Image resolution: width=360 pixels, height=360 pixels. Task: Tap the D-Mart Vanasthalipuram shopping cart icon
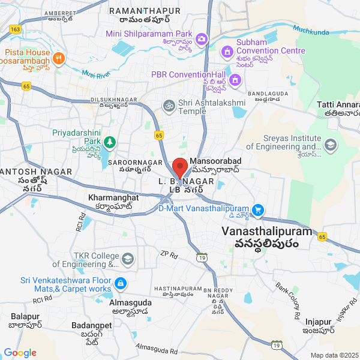(x=258, y=209)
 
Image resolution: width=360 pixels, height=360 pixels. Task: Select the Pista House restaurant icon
(x=58, y=58)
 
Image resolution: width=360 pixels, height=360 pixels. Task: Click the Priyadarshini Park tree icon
(x=109, y=142)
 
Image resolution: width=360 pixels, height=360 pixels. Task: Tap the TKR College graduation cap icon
(x=127, y=259)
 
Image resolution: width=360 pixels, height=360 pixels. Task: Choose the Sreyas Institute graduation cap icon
(x=330, y=145)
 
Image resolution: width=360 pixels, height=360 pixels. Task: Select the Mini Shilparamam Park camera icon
(x=202, y=40)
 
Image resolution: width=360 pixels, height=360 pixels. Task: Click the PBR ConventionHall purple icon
(x=235, y=79)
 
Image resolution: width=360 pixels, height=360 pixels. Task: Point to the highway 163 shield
(x=16, y=29)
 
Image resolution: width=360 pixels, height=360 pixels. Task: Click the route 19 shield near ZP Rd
(x=202, y=257)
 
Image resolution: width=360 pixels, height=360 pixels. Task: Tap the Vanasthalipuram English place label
(x=267, y=231)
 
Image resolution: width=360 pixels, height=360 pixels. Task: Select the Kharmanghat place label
(x=113, y=197)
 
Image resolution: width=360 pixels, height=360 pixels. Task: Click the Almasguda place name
(x=131, y=303)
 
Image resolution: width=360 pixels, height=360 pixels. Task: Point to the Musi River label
(x=95, y=74)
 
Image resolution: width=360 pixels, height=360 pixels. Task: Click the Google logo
(x=20, y=353)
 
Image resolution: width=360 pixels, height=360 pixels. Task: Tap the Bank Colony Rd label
(x=287, y=301)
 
